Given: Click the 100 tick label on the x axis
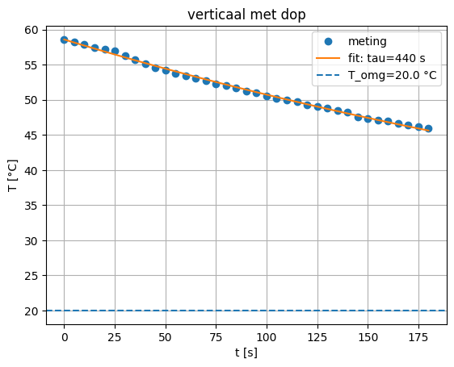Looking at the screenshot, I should pyautogui.click(x=267, y=336).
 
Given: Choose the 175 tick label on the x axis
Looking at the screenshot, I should pyautogui.click(x=418, y=336).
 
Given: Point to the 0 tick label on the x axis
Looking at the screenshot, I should pyautogui.click(x=65, y=336).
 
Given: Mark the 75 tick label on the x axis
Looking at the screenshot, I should pyautogui.click(x=216, y=336).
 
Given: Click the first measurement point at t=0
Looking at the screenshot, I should pyautogui.click(x=65, y=40).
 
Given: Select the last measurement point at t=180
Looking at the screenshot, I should pyautogui.click(x=428, y=128).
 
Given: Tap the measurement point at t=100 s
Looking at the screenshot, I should pyautogui.click(x=267, y=95).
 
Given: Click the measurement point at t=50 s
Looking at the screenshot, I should pyautogui.click(x=166, y=70).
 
